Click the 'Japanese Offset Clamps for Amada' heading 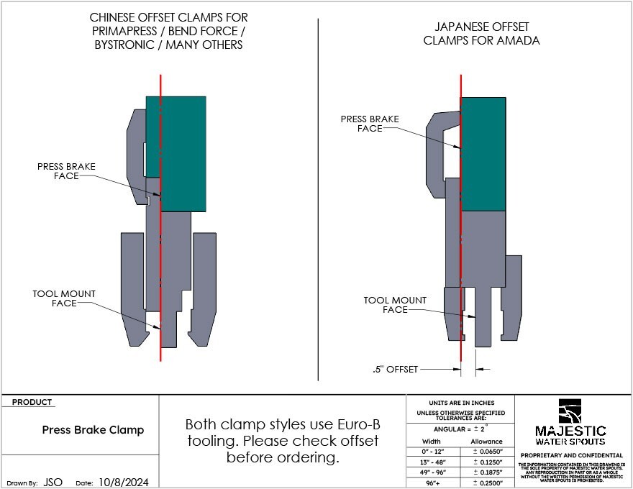coord(481,33)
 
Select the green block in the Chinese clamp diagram coord(183,153)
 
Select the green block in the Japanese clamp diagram coord(483,153)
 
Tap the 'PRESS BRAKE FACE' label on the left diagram coord(66,171)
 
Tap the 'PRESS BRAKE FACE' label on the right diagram coord(370,124)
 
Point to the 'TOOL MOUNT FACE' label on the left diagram coord(64,298)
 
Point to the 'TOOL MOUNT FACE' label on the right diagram coord(395,305)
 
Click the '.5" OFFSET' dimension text coord(395,369)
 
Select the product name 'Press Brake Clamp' coord(93,430)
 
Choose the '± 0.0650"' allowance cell coord(486,452)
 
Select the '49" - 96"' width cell coord(431,472)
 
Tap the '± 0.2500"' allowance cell coord(486,483)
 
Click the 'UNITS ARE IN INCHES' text coord(461,403)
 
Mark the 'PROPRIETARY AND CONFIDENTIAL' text coord(571,455)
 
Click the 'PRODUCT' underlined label coord(32,403)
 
